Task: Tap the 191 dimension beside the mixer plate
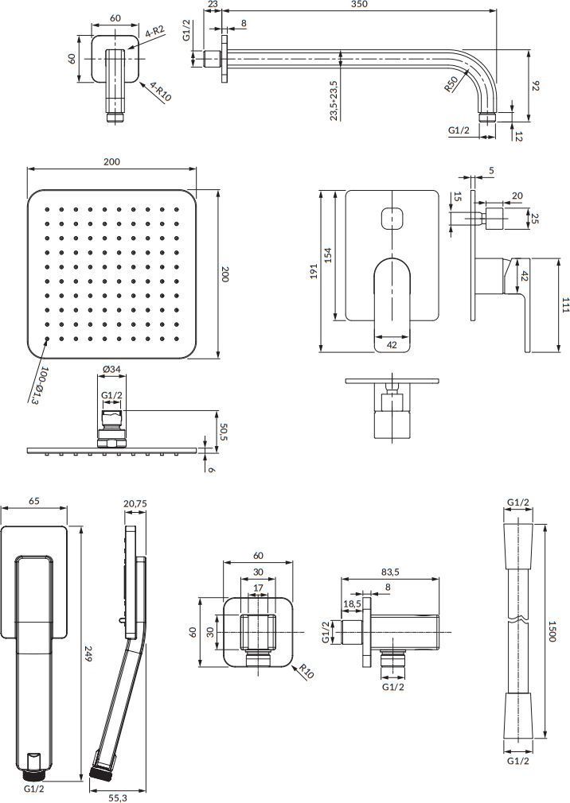313,271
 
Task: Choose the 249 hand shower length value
87,654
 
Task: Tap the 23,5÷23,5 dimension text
334,99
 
